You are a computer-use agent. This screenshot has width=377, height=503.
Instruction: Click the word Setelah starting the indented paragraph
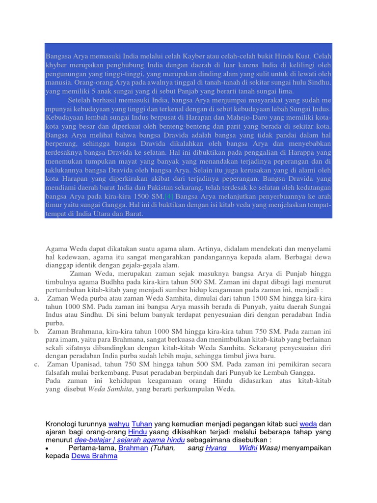click(83, 100)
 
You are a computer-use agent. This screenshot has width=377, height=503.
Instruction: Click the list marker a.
click(37, 298)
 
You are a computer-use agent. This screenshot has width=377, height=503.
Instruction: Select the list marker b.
click(37, 332)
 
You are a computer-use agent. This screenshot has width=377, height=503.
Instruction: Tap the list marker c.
click(37, 364)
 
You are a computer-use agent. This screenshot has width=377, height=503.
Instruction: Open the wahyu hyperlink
click(119, 423)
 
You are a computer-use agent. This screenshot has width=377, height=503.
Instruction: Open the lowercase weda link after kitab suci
click(308, 423)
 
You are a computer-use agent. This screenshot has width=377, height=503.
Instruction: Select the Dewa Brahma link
click(94, 456)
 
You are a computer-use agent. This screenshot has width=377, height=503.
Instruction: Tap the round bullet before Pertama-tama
click(47, 448)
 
